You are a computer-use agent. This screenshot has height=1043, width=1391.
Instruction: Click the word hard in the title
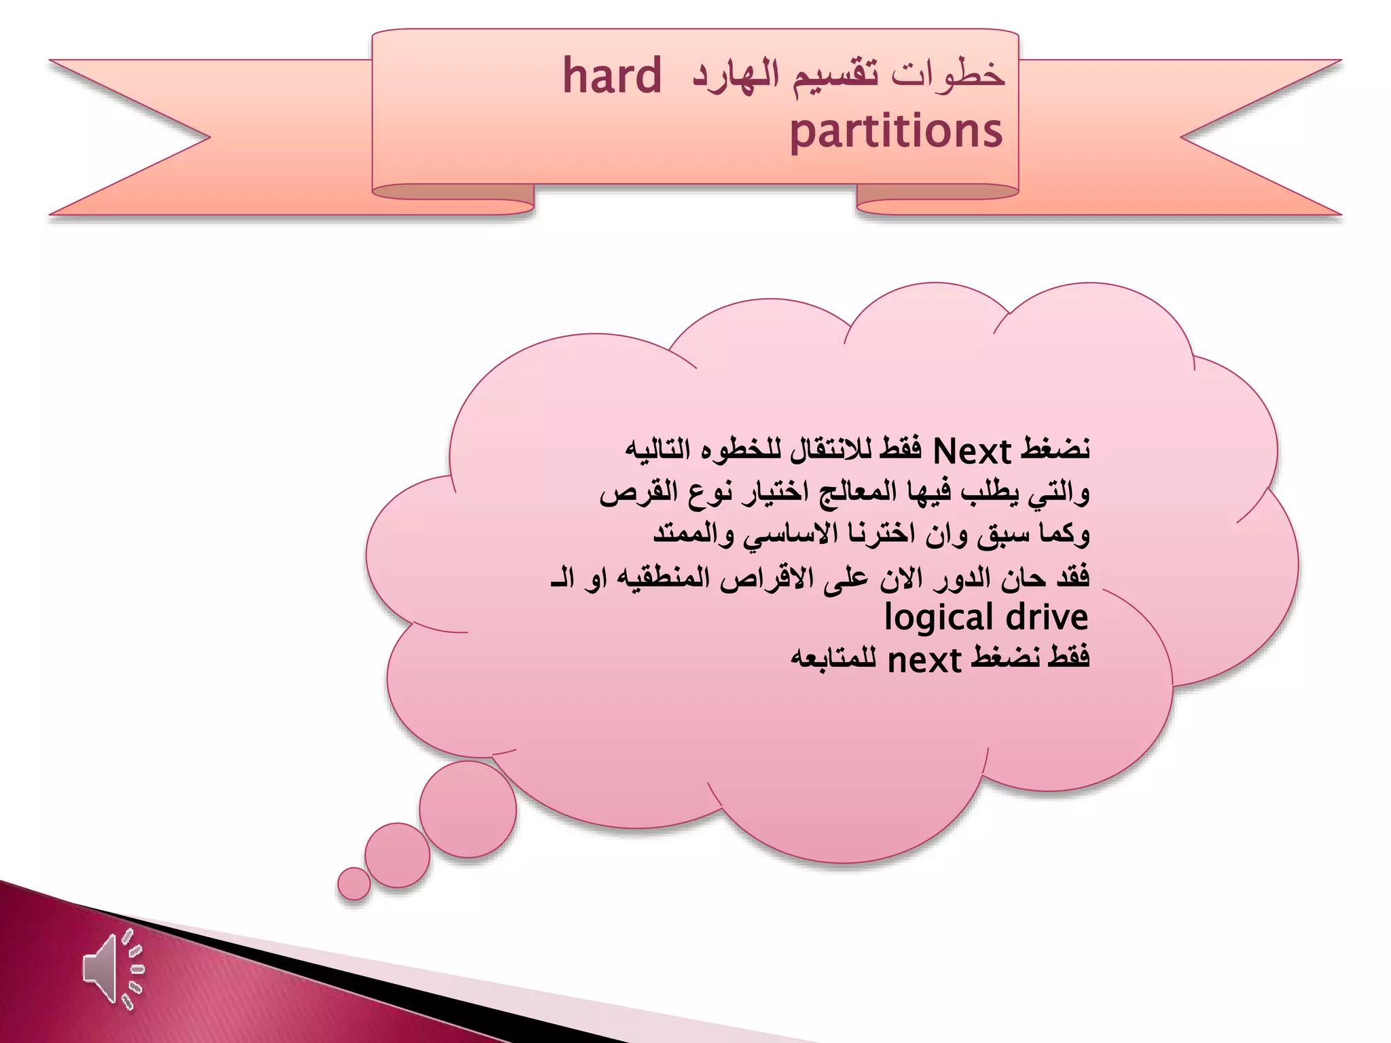(612, 76)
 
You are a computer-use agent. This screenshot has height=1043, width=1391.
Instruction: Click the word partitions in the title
(896, 131)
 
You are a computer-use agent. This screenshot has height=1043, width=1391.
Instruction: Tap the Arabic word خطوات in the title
(948, 75)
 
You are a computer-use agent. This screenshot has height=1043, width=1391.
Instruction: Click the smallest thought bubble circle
(354, 883)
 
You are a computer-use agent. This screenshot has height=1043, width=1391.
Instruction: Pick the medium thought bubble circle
(397, 855)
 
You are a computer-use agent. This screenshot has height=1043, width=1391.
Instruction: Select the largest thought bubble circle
(467, 809)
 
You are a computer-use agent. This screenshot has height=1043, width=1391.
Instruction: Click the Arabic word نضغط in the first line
(1056, 450)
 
